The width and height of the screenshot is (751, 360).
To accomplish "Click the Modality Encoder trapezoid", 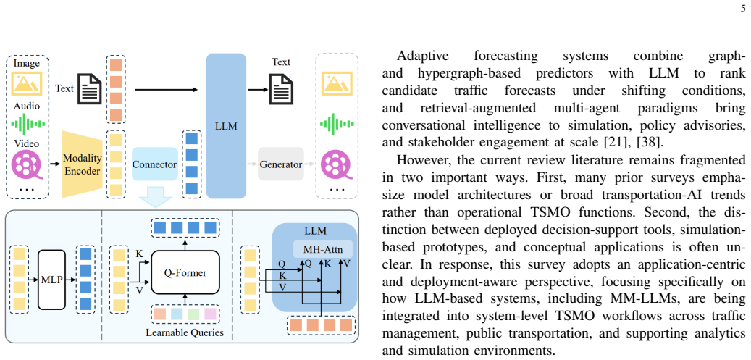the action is [x=83, y=165].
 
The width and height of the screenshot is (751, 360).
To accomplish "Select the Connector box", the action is [x=154, y=164].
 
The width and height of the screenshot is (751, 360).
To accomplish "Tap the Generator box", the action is [x=281, y=164].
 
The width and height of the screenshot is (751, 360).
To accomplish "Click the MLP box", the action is [x=50, y=280].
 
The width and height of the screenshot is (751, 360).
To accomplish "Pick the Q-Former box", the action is [x=185, y=273].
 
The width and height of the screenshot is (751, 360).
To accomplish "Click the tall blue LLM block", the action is [x=226, y=126].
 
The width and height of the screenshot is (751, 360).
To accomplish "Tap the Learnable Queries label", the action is [x=185, y=332].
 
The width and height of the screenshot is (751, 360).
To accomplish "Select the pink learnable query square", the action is [x=211, y=314].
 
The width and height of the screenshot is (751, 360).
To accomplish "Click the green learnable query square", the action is [x=193, y=314].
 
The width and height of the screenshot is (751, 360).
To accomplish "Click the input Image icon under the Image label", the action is [x=28, y=83].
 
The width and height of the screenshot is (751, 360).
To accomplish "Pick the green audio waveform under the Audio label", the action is [x=28, y=125].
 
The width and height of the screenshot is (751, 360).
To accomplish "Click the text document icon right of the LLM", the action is [x=281, y=89].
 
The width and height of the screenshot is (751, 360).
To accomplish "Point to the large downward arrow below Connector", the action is [x=154, y=198].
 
